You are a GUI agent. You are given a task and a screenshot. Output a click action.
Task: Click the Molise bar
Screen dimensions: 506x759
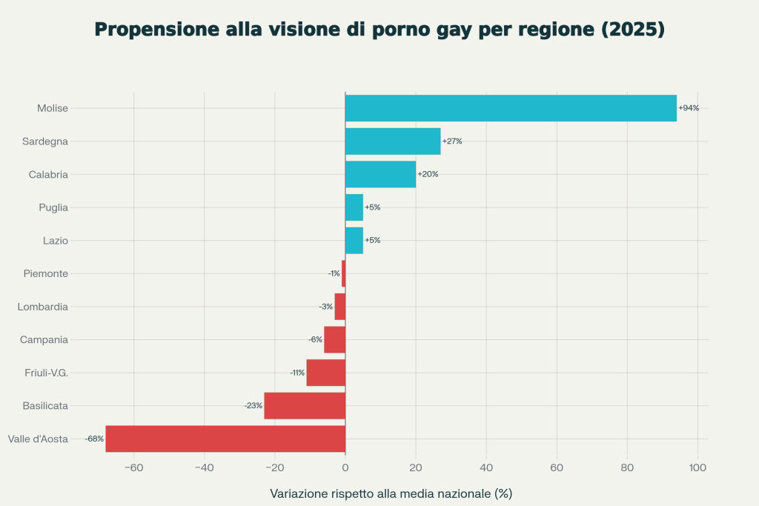click(511, 108)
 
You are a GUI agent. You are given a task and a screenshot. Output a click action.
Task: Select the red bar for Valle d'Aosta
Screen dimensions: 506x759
click(225, 439)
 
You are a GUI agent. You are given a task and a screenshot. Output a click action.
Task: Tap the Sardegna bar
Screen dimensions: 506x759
click(393, 141)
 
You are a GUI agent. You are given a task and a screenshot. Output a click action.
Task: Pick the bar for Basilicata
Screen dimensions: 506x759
click(305, 406)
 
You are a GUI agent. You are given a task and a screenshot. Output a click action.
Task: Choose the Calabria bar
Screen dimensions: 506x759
click(380, 174)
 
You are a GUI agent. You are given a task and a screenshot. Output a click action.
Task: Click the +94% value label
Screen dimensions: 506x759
click(689, 108)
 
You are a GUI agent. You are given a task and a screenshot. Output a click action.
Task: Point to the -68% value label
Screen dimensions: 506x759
click(94, 439)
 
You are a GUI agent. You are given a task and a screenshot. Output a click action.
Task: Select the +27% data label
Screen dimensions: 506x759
click(452, 141)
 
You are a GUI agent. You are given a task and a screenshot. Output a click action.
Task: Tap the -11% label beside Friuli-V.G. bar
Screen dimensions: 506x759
click(297, 373)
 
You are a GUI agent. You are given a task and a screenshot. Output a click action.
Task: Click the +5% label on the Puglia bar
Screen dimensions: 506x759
click(372, 207)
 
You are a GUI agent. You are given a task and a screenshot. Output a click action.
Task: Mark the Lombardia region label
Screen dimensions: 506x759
click(43, 307)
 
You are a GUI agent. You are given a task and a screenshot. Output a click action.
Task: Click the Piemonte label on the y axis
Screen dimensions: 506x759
click(46, 273)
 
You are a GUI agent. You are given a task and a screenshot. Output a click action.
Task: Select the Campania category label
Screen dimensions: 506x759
click(44, 339)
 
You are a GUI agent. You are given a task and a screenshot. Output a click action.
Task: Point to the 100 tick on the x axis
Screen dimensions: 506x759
click(697, 467)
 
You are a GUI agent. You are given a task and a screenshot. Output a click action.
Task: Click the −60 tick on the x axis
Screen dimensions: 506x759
click(133, 467)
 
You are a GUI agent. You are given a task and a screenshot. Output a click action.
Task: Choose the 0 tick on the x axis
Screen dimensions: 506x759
click(345, 467)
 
